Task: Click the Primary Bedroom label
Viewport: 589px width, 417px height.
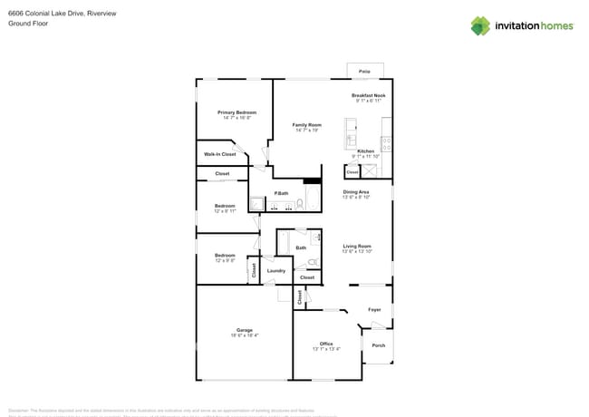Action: pos(237,112)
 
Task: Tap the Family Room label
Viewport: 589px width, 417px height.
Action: pos(306,125)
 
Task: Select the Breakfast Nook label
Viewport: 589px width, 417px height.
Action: pos(368,95)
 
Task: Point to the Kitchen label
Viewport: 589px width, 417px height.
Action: pos(365,151)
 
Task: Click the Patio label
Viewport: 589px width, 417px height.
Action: pos(364,71)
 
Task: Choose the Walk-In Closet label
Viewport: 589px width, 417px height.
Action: pos(219,154)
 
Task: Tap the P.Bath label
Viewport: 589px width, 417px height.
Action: pos(282,193)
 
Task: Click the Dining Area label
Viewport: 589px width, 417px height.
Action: pos(355,192)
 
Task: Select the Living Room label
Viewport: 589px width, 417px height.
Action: pos(357,246)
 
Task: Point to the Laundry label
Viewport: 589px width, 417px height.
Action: pos(276,270)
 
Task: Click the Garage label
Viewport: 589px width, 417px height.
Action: pos(245,330)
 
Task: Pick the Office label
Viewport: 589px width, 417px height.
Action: pos(326,344)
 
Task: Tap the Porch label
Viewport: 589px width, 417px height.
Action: pos(378,345)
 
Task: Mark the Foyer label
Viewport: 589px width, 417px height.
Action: pos(374,310)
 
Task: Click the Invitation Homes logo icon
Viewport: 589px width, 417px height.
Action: pos(479,25)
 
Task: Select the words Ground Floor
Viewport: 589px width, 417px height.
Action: pos(28,24)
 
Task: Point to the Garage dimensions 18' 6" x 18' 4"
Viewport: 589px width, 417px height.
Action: pos(245,335)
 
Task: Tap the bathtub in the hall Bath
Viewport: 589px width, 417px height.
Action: pos(285,244)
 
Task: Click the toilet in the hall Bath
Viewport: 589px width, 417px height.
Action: pos(313,263)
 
